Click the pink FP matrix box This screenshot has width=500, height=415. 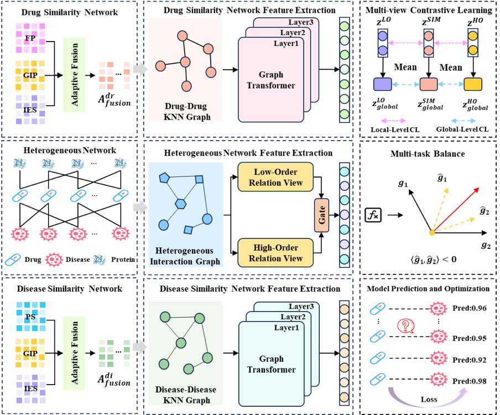[30, 38]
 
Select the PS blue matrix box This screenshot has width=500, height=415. [30, 317]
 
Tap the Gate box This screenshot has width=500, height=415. [321, 215]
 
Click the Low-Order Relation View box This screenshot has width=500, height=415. [275, 177]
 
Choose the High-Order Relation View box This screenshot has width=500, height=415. [275, 253]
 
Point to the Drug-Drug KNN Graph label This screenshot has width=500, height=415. [185, 111]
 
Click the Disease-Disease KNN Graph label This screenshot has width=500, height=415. [185, 395]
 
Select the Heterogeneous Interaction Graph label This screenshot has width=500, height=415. [185, 256]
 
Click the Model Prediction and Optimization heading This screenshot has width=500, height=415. [428, 288]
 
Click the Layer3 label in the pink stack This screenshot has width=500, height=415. [300, 22]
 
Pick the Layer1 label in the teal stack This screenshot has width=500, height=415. [286, 328]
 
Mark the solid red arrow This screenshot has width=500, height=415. [456, 209]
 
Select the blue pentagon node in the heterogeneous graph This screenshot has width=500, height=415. [164, 178]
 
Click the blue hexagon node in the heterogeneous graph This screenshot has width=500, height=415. [180, 204]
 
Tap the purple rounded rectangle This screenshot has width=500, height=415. [382, 85]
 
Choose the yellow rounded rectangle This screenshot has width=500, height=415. [472, 85]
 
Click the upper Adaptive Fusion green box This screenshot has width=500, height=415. [74, 75]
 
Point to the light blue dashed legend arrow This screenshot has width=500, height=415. [463, 121]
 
